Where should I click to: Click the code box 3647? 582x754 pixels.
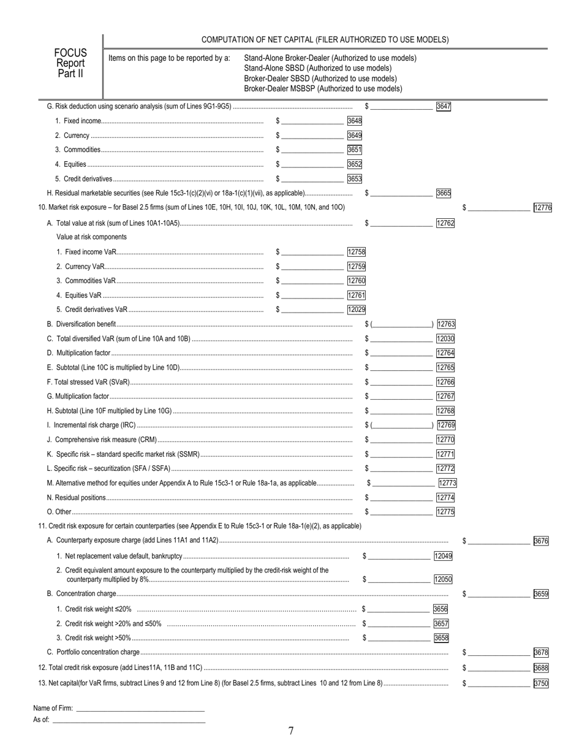[443, 106]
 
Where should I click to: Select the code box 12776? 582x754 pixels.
[542, 208]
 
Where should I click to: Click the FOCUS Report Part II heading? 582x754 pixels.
[70, 63]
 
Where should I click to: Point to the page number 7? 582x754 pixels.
[291, 730]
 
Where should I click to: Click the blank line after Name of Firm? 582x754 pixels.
[140, 709]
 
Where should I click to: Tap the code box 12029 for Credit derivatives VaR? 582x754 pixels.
[356, 310]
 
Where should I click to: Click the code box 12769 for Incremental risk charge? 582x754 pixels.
[445, 425]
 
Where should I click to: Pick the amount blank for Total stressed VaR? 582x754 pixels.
[401, 383]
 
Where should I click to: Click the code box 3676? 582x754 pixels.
[541, 541]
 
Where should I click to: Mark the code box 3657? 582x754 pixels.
[441, 623]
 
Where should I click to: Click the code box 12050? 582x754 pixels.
[443, 579]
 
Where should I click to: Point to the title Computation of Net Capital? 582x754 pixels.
[325, 40]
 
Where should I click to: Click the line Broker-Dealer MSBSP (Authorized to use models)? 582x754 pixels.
[323, 88]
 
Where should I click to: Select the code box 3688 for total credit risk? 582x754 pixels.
[541, 668]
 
